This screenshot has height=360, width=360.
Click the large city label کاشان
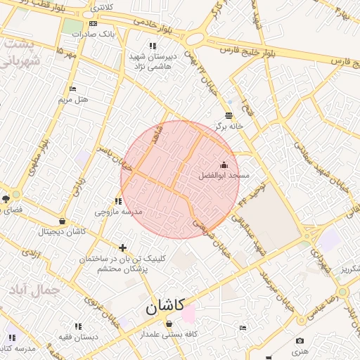coord(165,307)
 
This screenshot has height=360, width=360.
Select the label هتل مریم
coord(74,100)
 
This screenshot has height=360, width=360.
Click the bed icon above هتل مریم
coord(72,89)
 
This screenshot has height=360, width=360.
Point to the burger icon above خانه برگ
coord(229,116)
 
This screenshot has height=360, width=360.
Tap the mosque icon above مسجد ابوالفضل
coord(224,165)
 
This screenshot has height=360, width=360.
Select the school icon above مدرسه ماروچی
coord(118,201)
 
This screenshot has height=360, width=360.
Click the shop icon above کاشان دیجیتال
coord(63,221)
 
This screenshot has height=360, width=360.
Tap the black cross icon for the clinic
coord(123,247)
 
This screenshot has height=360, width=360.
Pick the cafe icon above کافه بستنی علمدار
coord(169,323)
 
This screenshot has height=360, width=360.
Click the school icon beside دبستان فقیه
coord(78,326)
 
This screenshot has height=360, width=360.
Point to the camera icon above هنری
coord(300,341)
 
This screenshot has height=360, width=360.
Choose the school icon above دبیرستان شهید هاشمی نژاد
coord(153,46)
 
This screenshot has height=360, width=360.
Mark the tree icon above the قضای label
coord(6,199)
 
